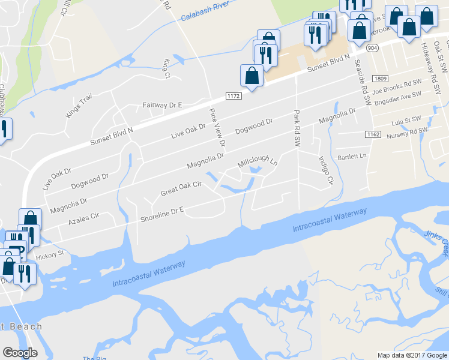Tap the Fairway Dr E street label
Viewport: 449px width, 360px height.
[162, 105]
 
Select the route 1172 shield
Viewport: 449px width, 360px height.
[234, 96]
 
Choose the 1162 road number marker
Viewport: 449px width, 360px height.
[373, 134]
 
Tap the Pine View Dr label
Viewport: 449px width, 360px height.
[217, 128]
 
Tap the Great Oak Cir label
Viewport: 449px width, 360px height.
[180, 189]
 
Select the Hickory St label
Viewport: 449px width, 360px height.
[49, 255]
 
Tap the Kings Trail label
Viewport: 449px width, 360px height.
[79, 106]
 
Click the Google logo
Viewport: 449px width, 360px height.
[20, 353]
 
